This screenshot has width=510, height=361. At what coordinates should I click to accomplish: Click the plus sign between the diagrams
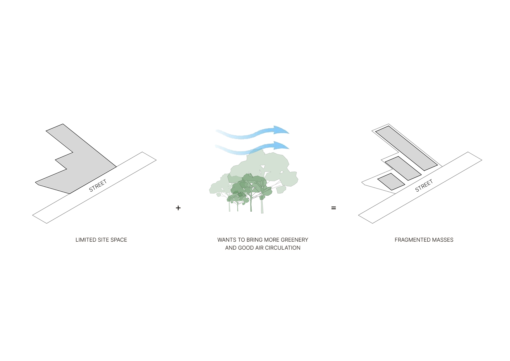tap(178, 208)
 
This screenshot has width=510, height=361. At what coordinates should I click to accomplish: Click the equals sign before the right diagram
tap(334, 208)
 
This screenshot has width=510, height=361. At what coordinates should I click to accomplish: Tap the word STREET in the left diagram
tap(98, 186)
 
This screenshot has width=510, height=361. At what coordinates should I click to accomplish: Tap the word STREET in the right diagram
tap(424, 186)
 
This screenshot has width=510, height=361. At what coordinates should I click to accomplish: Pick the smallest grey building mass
tap(390, 181)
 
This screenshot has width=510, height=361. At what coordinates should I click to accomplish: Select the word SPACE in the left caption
tap(119, 240)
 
